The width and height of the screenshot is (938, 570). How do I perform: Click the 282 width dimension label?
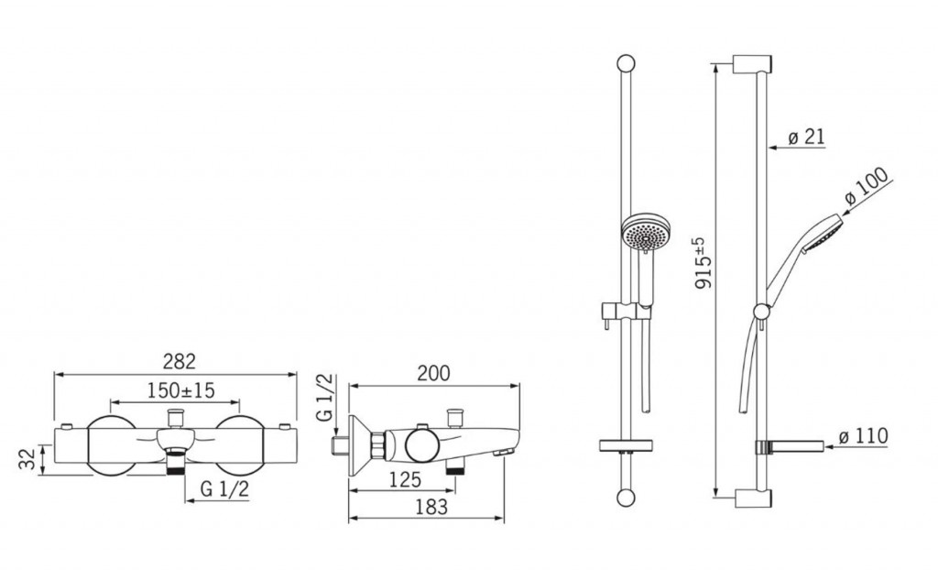coord(180,362)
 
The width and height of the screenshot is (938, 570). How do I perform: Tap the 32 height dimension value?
coord(27,459)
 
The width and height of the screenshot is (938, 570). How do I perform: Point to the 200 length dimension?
coord(433,373)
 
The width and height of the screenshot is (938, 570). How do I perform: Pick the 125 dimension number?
coord(405,479)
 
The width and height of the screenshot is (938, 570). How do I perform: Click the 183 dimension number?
coord(431,507)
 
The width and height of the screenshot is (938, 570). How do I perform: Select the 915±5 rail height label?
coord(703,263)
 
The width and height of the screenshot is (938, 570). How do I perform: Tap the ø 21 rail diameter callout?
coord(806,137)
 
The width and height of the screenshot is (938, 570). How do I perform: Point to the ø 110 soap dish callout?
coord(863,436)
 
